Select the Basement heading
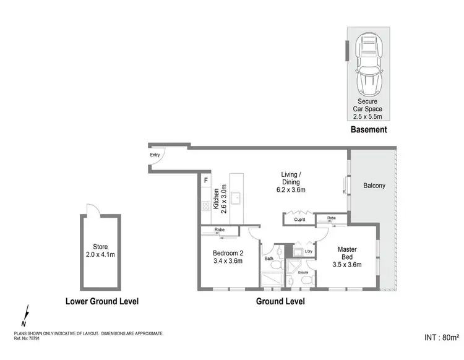368,130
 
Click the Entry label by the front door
155,155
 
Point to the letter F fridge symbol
205,181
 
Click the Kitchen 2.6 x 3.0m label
220,199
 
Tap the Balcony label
374,185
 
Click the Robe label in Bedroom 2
219,230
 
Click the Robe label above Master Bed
332,218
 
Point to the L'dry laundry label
307,252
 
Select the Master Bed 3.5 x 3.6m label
346,257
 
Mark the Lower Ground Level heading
101,302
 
